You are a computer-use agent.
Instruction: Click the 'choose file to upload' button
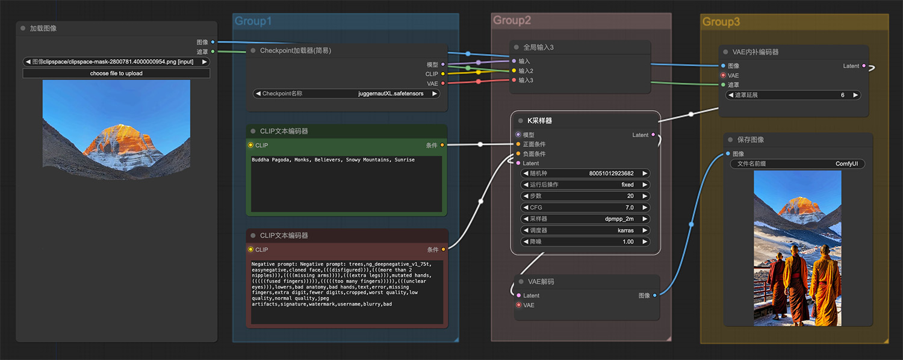click(116, 73)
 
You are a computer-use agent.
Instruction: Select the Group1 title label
click(253, 21)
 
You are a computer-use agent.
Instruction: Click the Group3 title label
click(721, 22)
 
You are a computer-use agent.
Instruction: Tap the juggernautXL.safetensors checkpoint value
click(391, 93)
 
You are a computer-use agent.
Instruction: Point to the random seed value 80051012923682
click(611, 173)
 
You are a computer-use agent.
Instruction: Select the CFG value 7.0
click(629, 208)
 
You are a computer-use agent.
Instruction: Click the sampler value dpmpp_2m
click(619, 219)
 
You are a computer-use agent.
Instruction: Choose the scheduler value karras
click(625, 231)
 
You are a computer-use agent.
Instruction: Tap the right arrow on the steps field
click(645, 196)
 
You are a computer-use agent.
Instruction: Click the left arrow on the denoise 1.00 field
click(526, 242)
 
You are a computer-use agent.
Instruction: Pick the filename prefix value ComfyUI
click(846, 164)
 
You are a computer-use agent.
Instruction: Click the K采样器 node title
click(539, 120)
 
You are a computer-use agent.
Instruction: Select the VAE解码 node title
click(541, 281)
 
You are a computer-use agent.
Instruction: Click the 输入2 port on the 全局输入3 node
click(514, 71)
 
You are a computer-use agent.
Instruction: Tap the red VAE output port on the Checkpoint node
click(443, 84)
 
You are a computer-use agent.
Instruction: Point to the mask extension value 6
click(843, 95)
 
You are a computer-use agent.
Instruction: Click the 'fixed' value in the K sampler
click(627, 185)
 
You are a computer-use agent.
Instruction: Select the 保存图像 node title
click(750, 140)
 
